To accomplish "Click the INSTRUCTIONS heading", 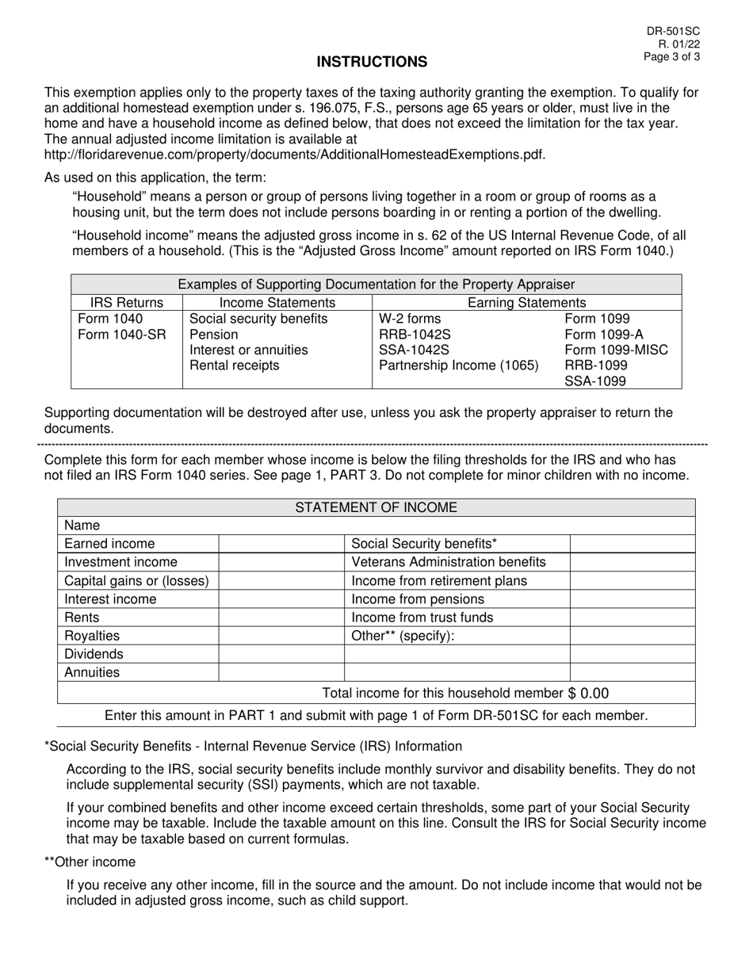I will pyautogui.click(x=372, y=62).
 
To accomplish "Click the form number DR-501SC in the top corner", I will pyautogui.click(x=673, y=31).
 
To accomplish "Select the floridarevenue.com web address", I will pyautogui.click(x=295, y=154).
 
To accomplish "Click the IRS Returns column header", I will pyautogui.click(x=127, y=302).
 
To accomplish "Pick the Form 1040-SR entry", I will pyautogui.click(x=122, y=335).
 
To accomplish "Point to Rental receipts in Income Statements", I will pyautogui.click(x=234, y=365).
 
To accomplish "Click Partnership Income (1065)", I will pyautogui.click(x=459, y=365).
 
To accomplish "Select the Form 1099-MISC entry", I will pyautogui.click(x=616, y=350).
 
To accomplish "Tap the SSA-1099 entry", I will pyautogui.click(x=594, y=381).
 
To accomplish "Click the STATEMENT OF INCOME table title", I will pyautogui.click(x=376, y=508).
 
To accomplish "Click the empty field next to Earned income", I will pyautogui.click(x=281, y=544).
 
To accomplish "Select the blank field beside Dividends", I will pyautogui.click(x=281, y=654).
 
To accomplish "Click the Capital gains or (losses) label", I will pyautogui.click(x=136, y=580).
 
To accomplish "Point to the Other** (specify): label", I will pyautogui.click(x=403, y=636).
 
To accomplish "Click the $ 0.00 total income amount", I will pyautogui.click(x=589, y=694).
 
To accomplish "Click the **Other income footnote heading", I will pyautogui.click(x=90, y=862).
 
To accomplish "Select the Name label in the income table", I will pyautogui.click(x=82, y=526).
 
